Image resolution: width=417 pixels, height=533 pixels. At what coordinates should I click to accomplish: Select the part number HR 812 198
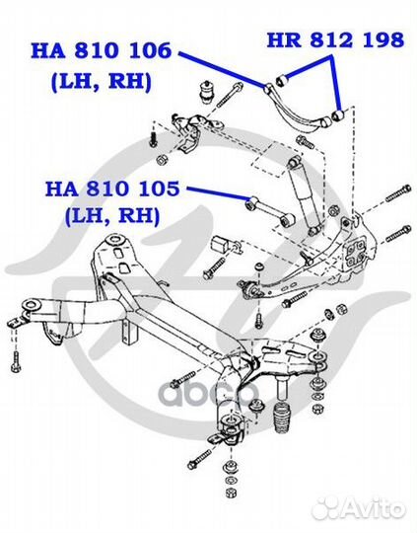[x=335, y=40]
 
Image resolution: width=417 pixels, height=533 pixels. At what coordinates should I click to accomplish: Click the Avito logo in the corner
[x=370, y=510]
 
